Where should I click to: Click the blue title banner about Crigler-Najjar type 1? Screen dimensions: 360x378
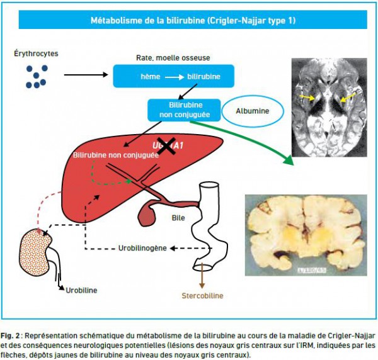[188, 20]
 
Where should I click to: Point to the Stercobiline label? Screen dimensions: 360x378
[202, 295]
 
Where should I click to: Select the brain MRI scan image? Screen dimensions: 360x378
[329, 108]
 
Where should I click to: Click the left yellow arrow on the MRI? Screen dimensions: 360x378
[307, 98]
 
